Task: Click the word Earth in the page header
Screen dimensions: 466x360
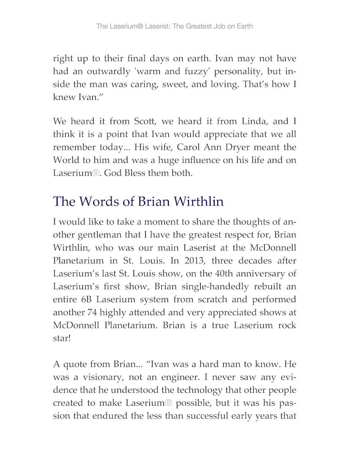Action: (x=243, y=26)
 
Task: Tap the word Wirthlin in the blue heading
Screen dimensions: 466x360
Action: (x=198, y=202)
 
